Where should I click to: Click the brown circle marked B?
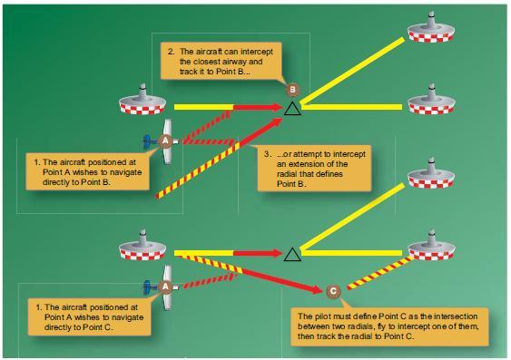click(x=292, y=89)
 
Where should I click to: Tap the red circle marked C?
click(x=334, y=291)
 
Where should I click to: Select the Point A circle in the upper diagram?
click(x=165, y=141)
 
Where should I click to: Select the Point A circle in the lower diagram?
click(x=165, y=286)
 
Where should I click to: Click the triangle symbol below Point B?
click(x=291, y=109)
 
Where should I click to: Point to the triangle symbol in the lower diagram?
click(x=291, y=254)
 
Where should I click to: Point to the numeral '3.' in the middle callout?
click(x=266, y=154)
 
